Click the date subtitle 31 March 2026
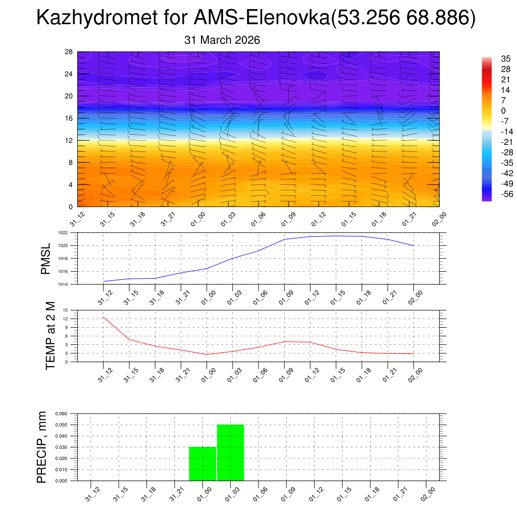pyautogui.click(x=222, y=40)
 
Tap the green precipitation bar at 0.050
pyautogui.click(x=231, y=452)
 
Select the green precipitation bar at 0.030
pyautogui.click(x=202, y=463)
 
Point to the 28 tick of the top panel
pyautogui.click(x=69, y=51)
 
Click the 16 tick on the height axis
pyautogui.click(x=69, y=118)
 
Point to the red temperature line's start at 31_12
pyautogui.click(x=104, y=317)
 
